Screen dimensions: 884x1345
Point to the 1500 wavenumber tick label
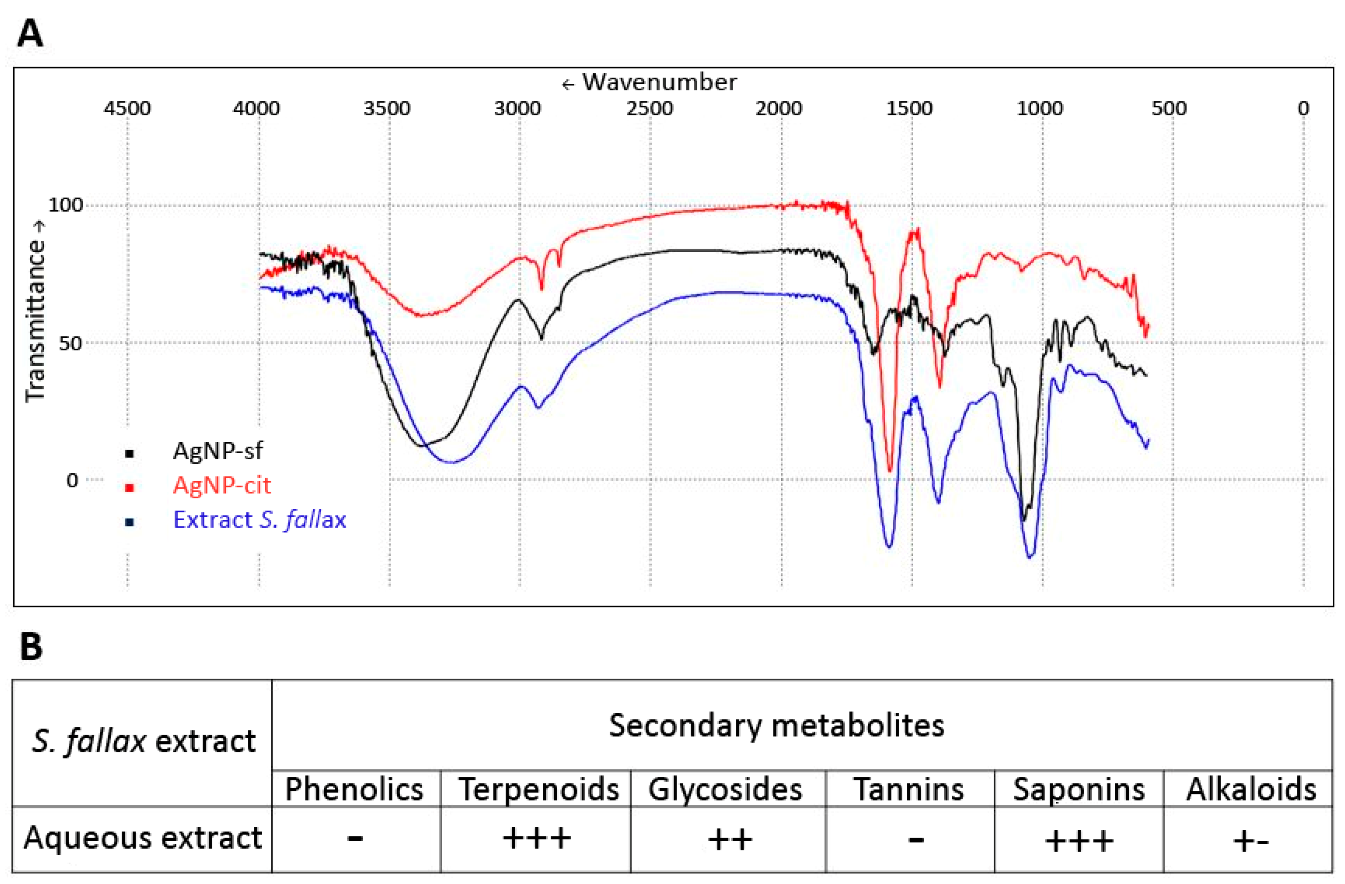[x=909, y=108]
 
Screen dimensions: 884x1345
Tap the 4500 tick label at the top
[x=127, y=108]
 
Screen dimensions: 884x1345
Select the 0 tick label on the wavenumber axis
[x=1303, y=108]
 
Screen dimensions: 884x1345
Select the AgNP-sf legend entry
[x=218, y=451]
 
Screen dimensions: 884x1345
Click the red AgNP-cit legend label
[x=222, y=485]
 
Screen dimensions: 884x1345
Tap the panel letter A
[x=30, y=34]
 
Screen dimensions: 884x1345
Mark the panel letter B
[x=31, y=647]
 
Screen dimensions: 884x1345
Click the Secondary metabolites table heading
[x=776, y=726]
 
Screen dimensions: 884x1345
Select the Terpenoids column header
[x=538, y=789]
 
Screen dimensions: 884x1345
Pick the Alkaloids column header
[x=1251, y=789]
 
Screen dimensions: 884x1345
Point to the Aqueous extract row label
[x=142, y=838]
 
